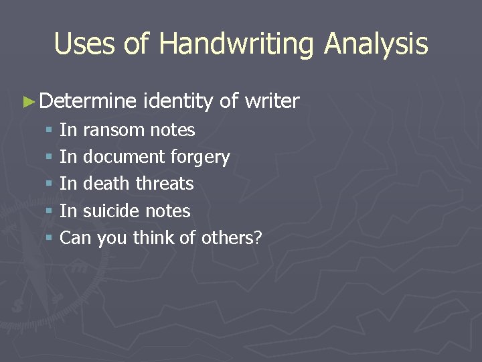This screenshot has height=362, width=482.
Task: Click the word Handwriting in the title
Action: pyautogui.click(x=237, y=44)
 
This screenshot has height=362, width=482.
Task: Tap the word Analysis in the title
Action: pyautogui.click(x=376, y=44)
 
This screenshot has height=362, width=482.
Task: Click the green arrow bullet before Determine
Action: pyautogui.click(x=27, y=102)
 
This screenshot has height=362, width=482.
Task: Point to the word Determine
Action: pyautogui.click(x=88, y=101)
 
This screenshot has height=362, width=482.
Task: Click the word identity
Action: pyautogui.click(x=177, y=101)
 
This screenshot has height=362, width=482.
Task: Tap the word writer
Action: pyautogui.click(x=272, y=101)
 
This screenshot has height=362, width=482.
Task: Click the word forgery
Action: pyautogui.click(x=200, y=157)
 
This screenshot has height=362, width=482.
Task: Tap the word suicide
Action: pyautogui.click(x=112, y=210)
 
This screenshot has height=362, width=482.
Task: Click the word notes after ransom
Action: pyautogui.click(x=173, y=129)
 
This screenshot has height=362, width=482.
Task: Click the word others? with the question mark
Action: pyautogui.click(x=231, y=237)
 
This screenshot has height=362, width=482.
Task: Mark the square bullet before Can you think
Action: pyautogui.click(x=49, y=238)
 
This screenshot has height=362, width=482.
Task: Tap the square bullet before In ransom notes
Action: pyautogui.click(x=49, y=130)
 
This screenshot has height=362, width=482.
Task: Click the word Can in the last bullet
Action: pyautogui.click(x=76, y=237)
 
